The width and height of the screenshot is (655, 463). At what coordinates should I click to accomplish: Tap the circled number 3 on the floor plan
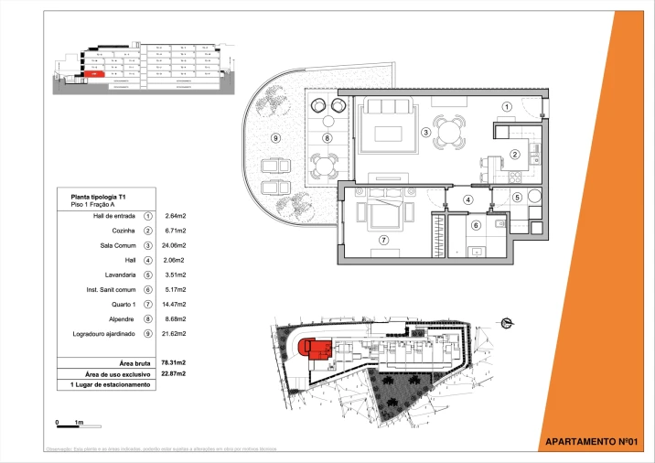(425, 133)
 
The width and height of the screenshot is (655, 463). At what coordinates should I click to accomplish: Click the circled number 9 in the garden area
(274, 138)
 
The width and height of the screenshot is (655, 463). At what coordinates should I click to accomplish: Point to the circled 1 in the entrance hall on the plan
(507, 107)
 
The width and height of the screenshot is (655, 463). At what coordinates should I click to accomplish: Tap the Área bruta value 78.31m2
(174, 363)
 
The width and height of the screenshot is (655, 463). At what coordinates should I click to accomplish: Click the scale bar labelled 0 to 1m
(70, 425)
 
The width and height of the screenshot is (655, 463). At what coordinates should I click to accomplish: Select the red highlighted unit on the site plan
(315, 349)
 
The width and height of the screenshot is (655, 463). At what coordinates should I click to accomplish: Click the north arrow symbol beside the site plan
(507, 321)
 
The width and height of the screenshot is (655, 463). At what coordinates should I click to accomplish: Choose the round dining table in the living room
(448, 130)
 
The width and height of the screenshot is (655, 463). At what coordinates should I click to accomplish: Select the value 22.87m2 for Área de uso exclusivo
(174, 374)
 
